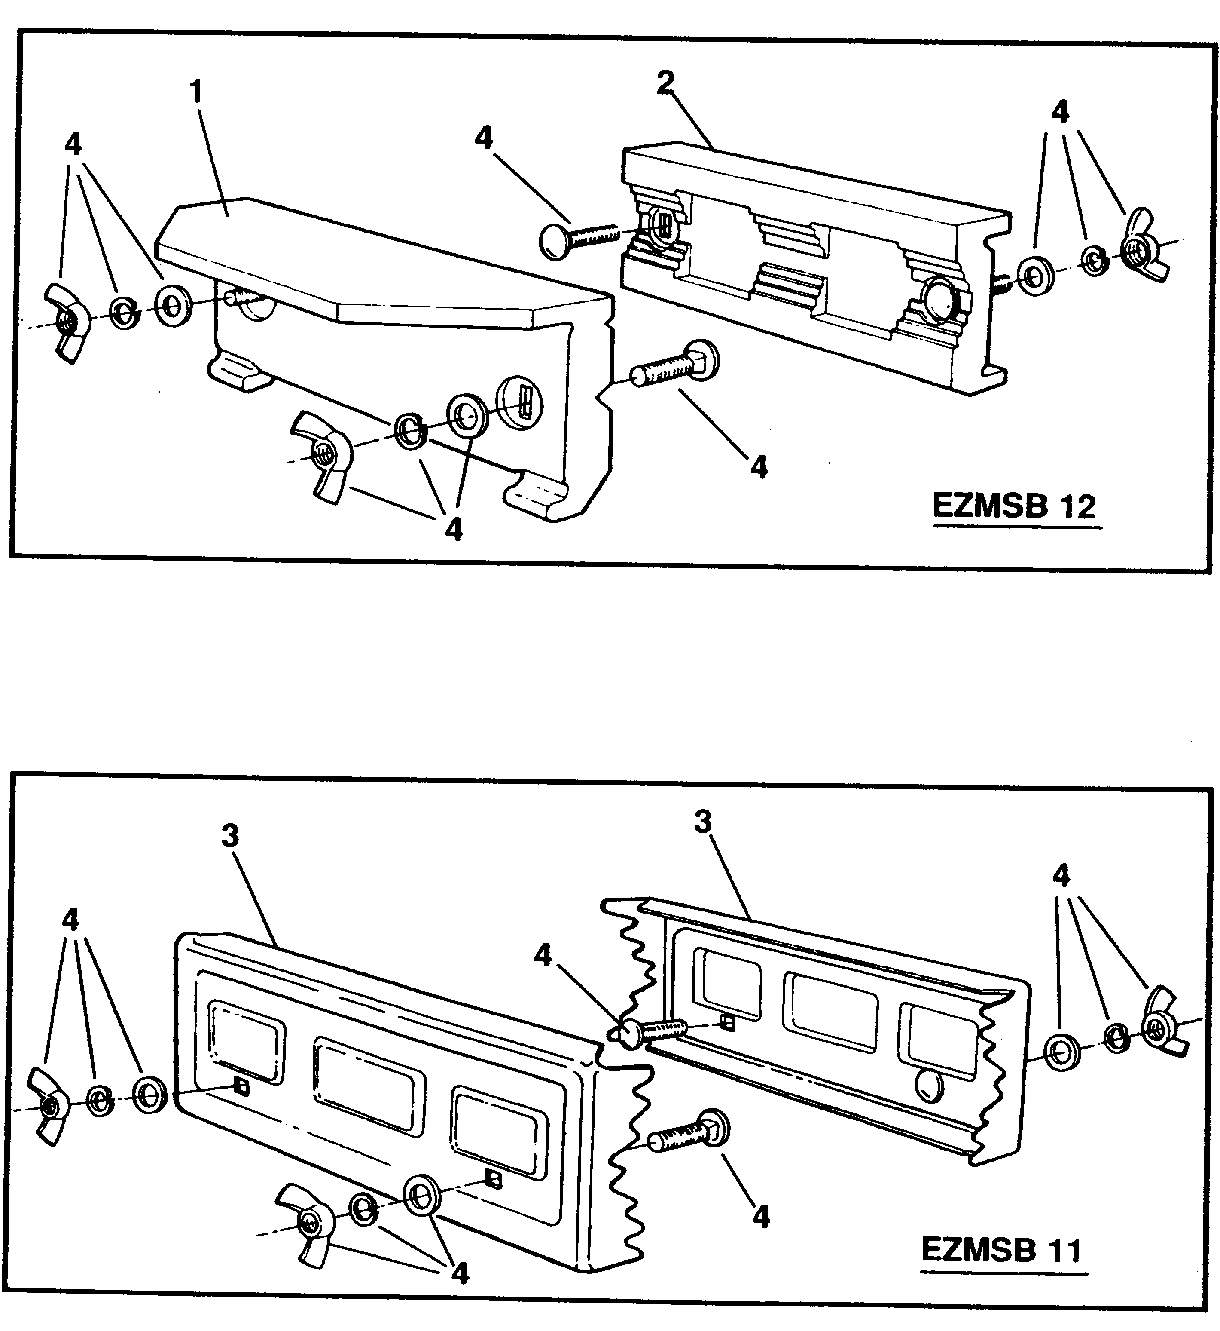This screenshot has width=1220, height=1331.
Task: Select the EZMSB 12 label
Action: [1014, 506]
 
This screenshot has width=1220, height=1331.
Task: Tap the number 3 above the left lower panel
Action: [230, 836]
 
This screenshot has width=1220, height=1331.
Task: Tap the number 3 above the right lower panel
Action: [703, 822]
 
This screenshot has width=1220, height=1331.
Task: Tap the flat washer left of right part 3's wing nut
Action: [1063, 1052]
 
